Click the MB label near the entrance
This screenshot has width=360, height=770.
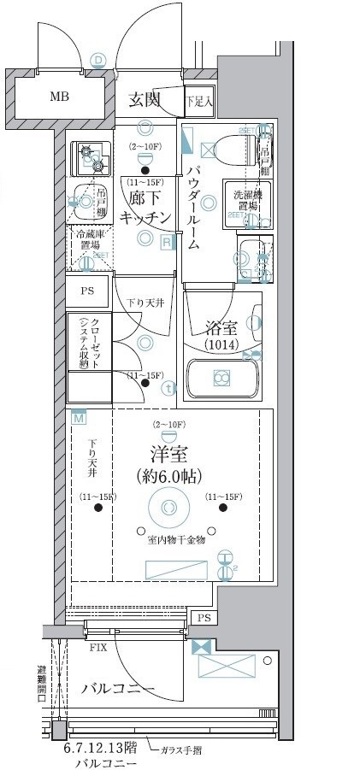click(59, 96)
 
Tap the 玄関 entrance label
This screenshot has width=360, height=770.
click(145, 100)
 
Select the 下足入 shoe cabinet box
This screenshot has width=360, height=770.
click(199, 101)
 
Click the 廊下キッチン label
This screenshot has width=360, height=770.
click(146, 208)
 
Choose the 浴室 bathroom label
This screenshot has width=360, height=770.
click(224, 326)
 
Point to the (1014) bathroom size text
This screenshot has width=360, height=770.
click(224, 344)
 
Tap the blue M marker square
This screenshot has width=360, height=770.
click(79, 418)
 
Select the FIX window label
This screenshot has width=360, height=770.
click(98, 648)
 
